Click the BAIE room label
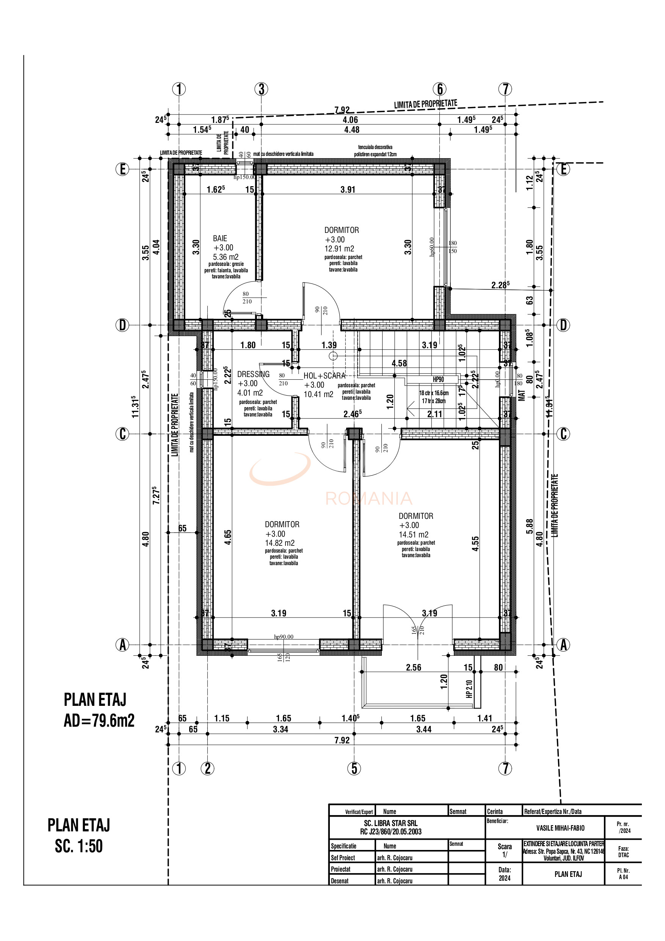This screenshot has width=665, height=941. click(x=220, y=238)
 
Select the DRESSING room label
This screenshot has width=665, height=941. click(x=253, y=374)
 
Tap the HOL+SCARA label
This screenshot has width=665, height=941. click(x=324, y=376)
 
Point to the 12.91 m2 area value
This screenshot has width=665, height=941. click(x=339, y=249)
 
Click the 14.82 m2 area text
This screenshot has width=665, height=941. click(x=279, y=543)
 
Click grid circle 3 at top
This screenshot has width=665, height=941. click(x=261, y=89)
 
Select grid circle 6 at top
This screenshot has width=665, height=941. click(x=440, y=89)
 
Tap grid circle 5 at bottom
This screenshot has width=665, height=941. click(x=354, y=768)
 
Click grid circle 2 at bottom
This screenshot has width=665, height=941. click(x=208, y=768)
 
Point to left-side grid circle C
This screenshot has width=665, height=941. click(x=122, y=434)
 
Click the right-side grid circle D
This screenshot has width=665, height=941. click(x=563, y=325)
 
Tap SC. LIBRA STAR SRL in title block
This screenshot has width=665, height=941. click(x=391, y=823)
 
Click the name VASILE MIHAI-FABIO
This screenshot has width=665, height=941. click(x=560, y=828)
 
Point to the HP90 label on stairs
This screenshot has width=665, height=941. click(x=438, y=380)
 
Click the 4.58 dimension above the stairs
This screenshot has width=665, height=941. click(x=399, y=363)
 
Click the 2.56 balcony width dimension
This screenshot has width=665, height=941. click(x=413, y=668)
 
